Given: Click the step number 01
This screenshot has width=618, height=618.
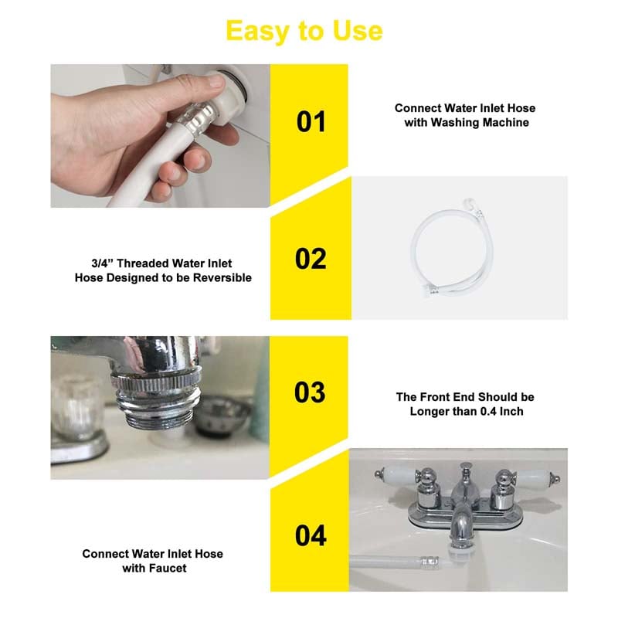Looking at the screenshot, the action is click(311, 122).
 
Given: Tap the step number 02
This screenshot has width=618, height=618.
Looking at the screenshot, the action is click(311, 259).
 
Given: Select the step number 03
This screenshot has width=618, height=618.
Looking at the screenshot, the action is click(311, 392).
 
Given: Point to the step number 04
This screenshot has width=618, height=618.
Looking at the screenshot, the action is click(311, 535).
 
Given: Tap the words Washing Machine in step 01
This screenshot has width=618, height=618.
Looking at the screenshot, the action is click(480, 123).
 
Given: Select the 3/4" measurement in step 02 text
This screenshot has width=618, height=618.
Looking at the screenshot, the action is click(102, 263).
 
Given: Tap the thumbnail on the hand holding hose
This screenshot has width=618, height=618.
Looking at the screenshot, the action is click(216, 81).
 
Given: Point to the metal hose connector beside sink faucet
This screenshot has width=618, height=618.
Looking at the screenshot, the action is click(430, 561).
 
